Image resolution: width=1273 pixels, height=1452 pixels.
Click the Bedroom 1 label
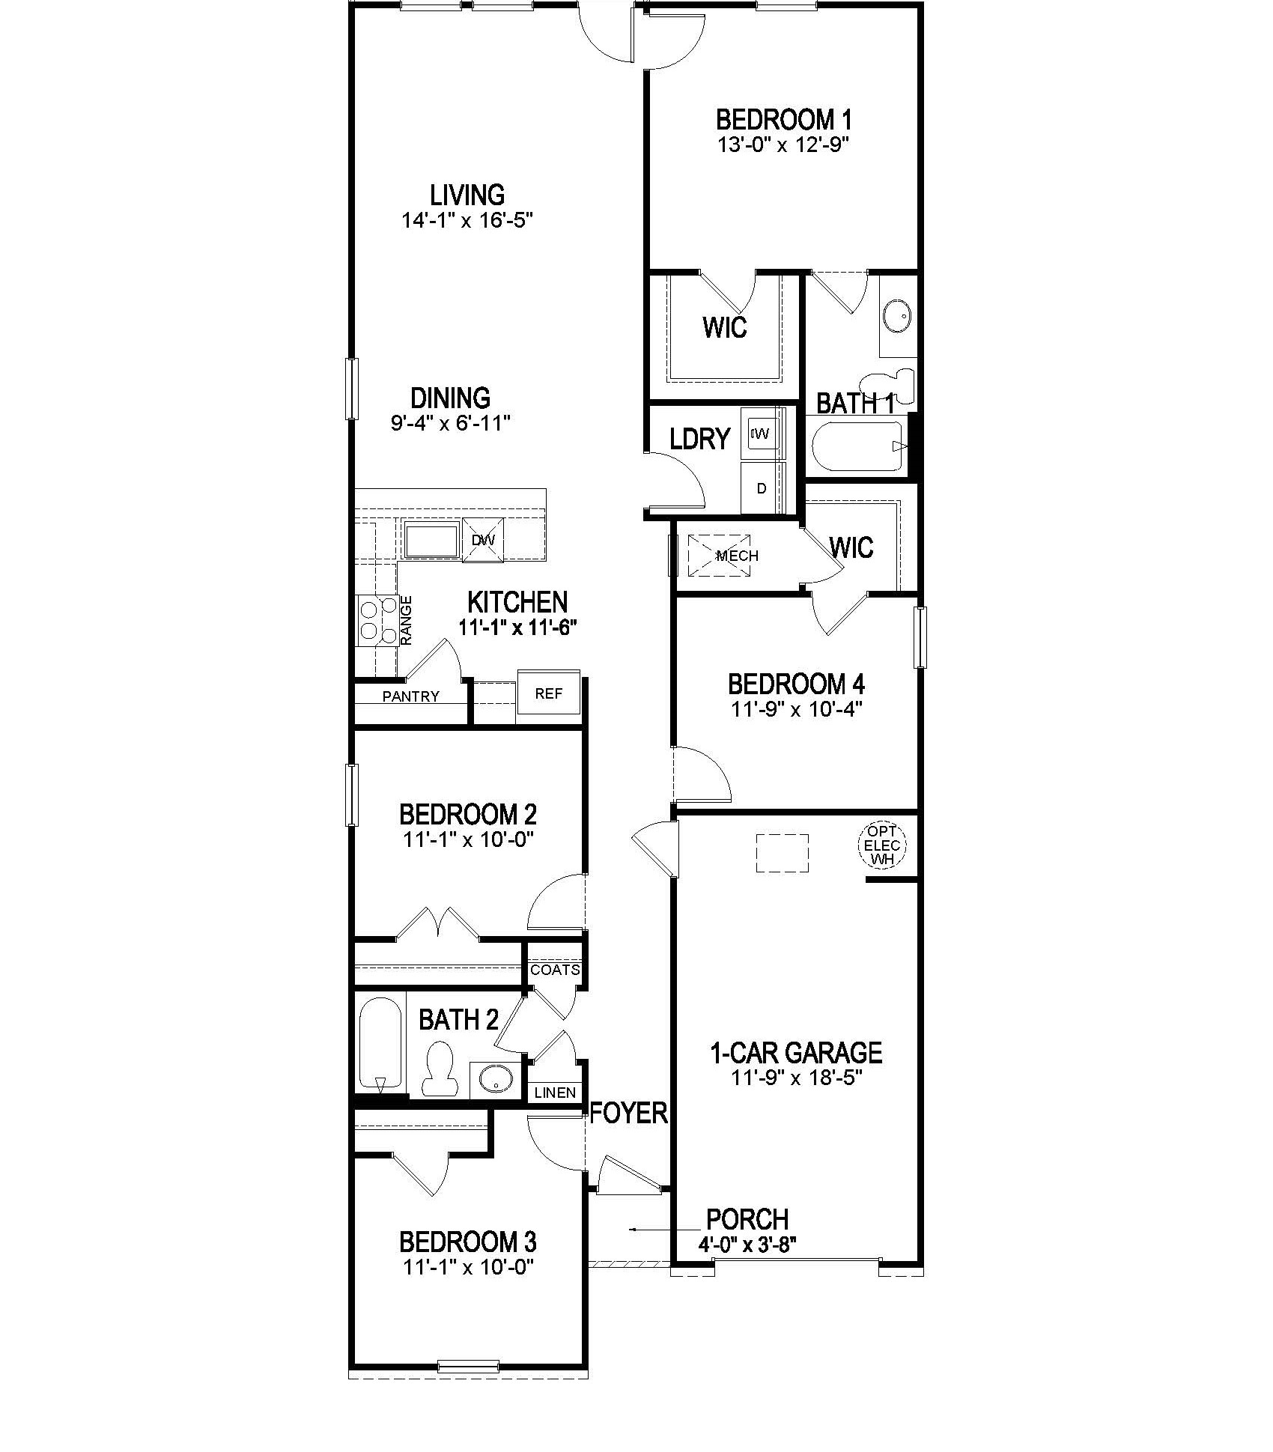coord(783,120)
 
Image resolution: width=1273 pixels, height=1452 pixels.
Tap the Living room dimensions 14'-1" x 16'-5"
coord(467,221)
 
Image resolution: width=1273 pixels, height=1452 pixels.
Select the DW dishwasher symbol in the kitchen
coord(483,540)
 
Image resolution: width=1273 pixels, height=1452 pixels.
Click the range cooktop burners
coord(377,621)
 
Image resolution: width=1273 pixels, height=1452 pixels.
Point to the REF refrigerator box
coord(548,694)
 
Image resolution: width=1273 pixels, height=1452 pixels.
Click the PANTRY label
coord(410,697)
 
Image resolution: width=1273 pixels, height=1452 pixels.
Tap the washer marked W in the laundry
coord(762,433)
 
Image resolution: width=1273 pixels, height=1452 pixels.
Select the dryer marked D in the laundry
coord(762,488)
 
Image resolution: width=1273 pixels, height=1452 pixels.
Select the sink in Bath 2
coord(496,1080)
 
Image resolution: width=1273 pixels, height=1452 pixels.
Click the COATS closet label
coord(555,970)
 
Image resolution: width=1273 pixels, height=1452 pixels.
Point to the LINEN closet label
coord(555,1093)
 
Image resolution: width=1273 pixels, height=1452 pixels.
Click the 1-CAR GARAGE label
coord(795,1053)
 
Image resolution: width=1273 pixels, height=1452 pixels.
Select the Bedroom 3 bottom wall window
coord(468,1365)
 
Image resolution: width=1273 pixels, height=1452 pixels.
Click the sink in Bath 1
coord(896,317)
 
